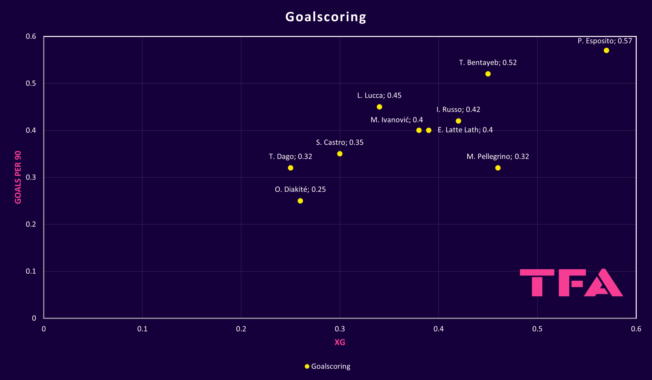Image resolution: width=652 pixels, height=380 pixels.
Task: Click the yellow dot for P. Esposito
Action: click(606, 50)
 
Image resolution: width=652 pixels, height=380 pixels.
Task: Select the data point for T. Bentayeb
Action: click(488, 74)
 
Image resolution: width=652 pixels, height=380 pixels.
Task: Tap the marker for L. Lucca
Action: click(379, 107)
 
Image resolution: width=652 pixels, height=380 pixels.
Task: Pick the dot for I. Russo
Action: click(458, 121)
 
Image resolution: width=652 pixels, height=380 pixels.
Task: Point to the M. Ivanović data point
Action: click(419, 130)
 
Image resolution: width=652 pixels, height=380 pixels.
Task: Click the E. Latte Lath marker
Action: click(429, 130)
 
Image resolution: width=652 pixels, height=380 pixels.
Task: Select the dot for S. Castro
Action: click(340, 154)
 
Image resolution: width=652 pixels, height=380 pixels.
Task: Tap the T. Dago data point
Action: click(291, 168)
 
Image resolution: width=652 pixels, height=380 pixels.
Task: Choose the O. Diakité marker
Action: click(300, 201)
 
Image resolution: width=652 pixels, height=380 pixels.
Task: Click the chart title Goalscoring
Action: click(326, 17)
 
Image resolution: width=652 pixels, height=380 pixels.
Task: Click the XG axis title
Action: click(340, 342)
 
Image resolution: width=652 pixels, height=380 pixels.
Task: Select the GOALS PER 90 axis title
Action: click(18, 178)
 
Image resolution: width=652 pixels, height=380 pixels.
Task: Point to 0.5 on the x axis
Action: click(537, 329)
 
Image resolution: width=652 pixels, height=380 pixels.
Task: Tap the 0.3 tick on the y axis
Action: click(31, 178)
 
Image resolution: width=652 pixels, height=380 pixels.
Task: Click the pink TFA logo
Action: click(571, 283)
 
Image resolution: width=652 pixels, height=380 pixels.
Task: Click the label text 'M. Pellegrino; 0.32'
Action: click(498, 156)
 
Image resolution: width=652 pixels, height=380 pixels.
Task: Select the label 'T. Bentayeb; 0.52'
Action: click(488, 63)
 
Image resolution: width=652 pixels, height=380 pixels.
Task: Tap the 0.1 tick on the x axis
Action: click(142, 329)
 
